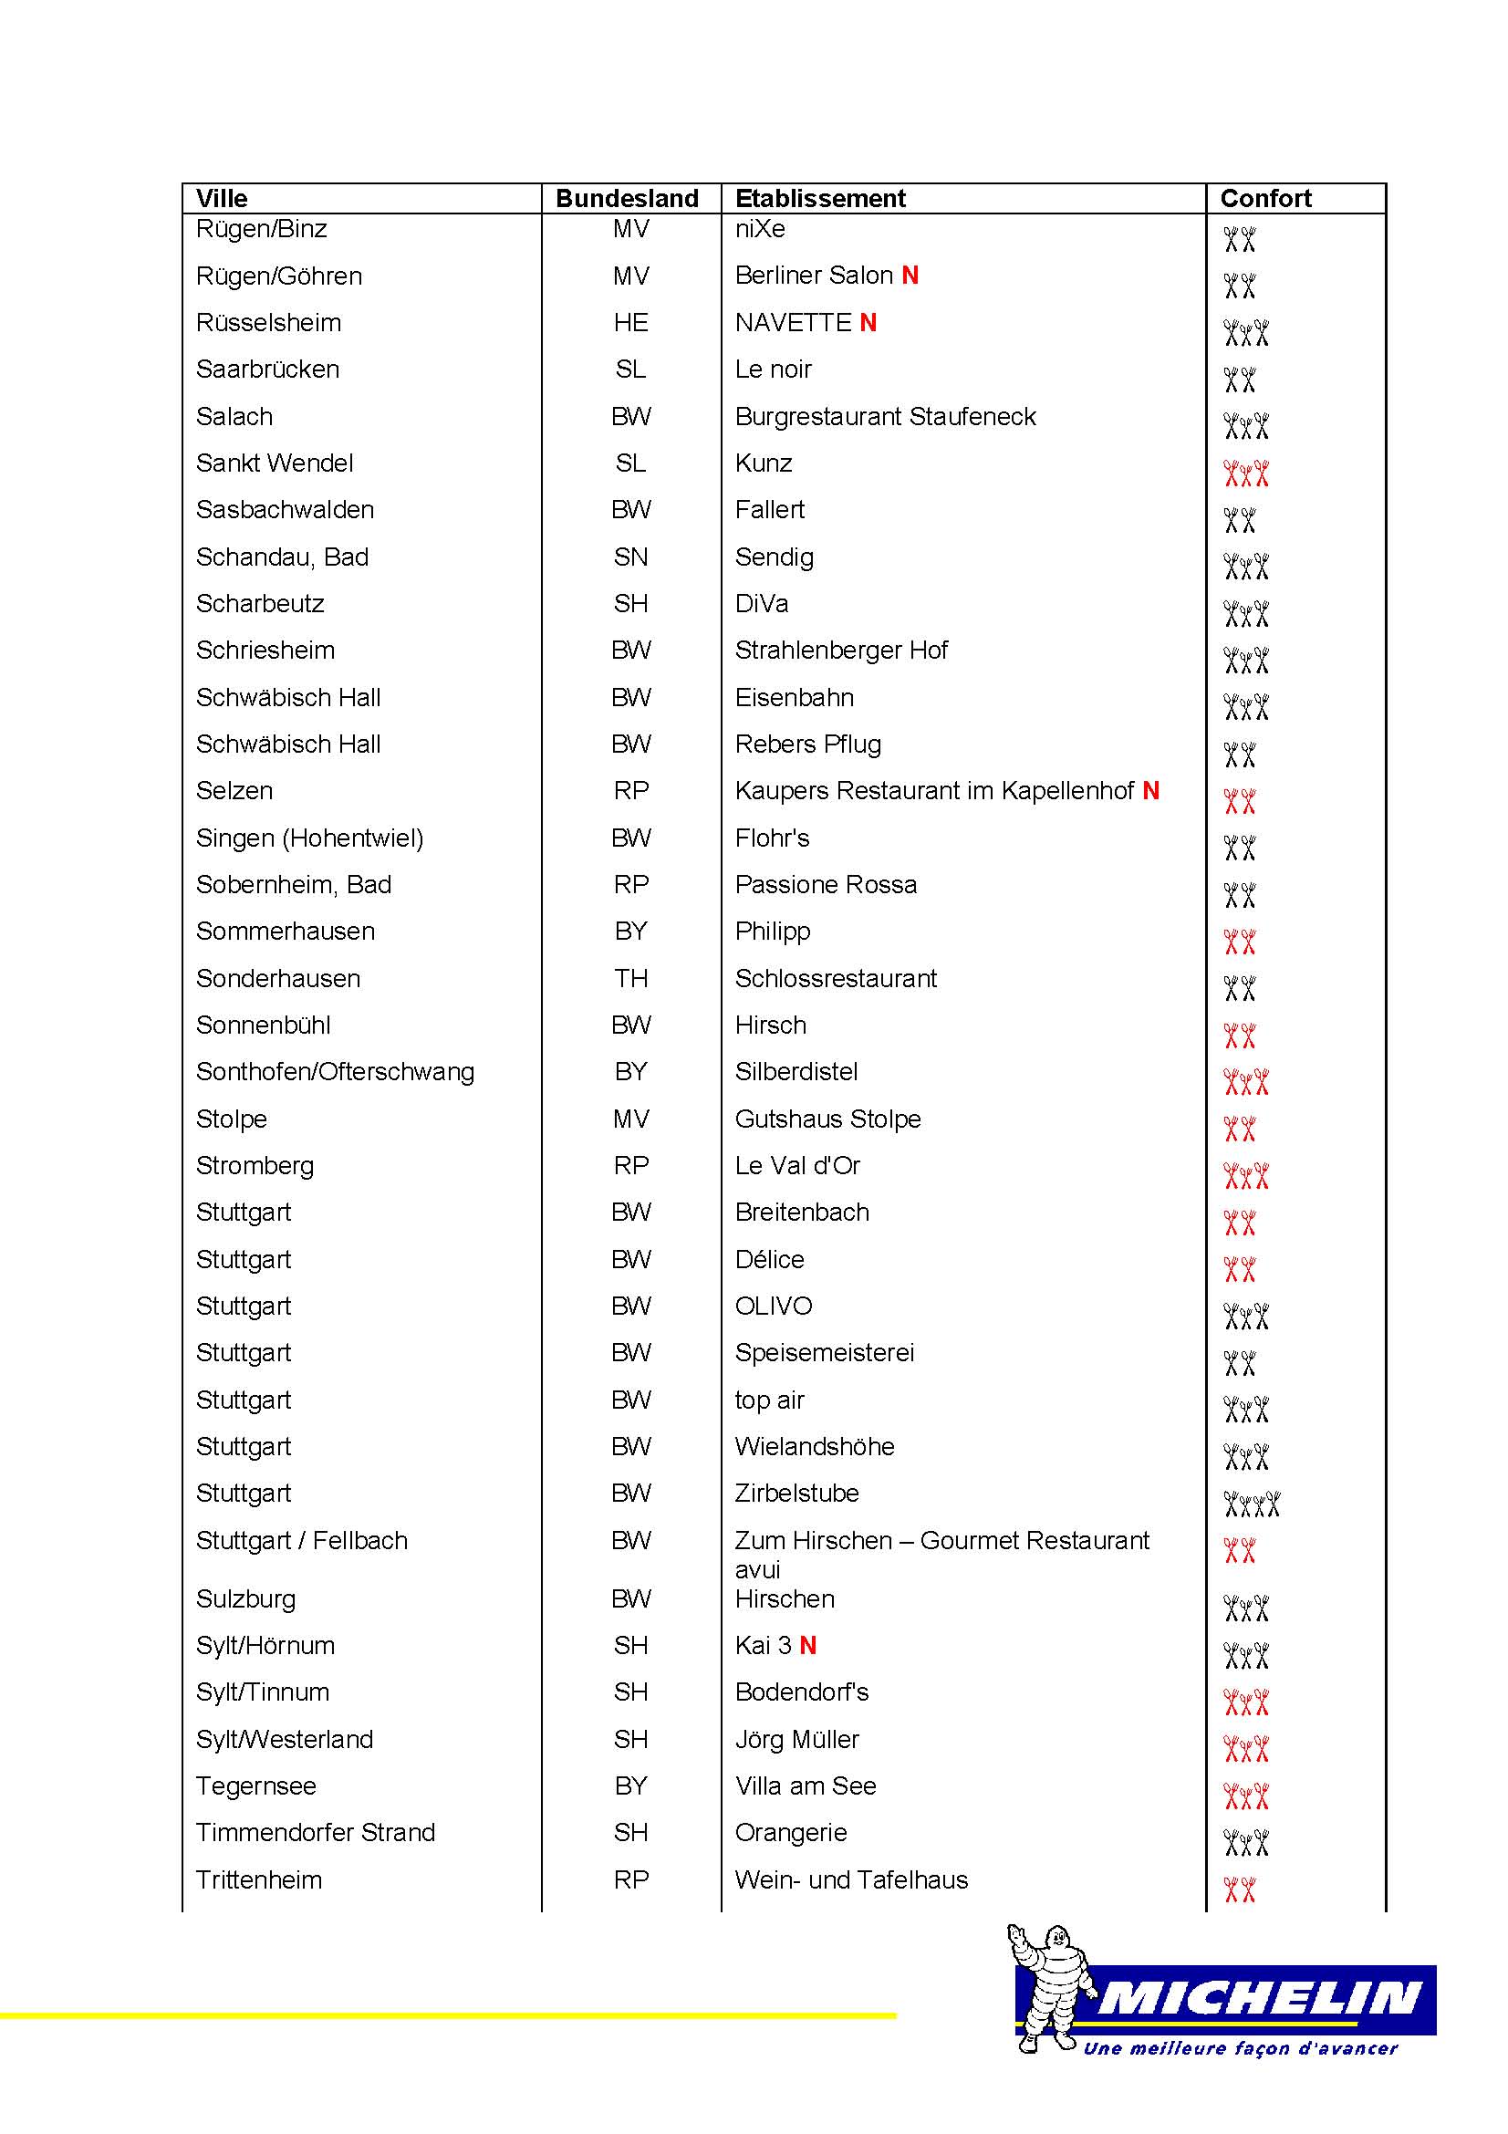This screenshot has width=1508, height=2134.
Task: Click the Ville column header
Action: click(x=222, y=198)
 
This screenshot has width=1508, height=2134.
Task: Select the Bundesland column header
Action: click(x=627, y=198)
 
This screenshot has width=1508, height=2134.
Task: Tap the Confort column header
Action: click(x=1265, y=198)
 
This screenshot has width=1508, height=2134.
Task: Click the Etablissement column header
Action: click(x=820, y=198)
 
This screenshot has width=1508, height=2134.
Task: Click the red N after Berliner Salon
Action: click(x=910, y=276)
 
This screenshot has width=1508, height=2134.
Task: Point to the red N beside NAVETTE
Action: click(x=868, y=322)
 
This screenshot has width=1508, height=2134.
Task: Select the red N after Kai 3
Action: click(x=808, y=1645)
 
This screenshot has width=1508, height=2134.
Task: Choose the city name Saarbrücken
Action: click(x=267, y=369)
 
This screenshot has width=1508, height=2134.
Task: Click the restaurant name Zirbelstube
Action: click(x=797, y=1493)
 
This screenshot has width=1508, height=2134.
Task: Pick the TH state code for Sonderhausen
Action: click(x=631, y=978)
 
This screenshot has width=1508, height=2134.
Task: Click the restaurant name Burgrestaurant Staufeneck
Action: click(x=886, y=416)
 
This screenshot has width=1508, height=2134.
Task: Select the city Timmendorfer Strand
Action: click(x=316, y=1832)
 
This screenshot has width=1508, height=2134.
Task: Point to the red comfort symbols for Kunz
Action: click(x=1246, y=474)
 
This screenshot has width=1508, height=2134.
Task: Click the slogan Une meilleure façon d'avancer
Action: click(x=1241, y=2047)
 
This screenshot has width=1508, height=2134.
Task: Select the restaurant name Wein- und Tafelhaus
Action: click(x=851, y=1879)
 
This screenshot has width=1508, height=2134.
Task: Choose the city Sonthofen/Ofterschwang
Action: click(x=336, y=1072)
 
